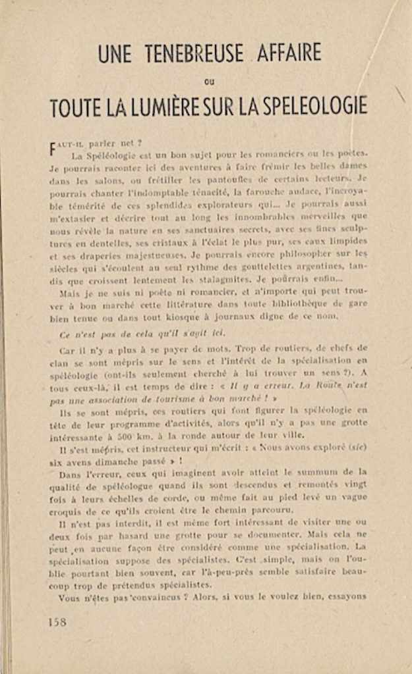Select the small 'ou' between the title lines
click(x=209, y=82)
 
